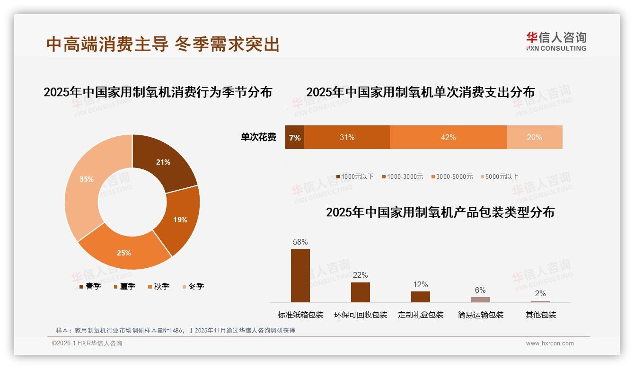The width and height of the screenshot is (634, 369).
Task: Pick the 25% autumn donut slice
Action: pyautogui.click(x=125, y=251)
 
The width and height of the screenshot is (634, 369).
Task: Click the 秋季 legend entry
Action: pyautogui.click(x=158, y=286)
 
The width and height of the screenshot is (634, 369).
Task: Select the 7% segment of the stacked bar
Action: pyautogui.click(x=294, y=137)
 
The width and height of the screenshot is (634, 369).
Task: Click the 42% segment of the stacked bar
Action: pyautogui.click(x=448, y=137)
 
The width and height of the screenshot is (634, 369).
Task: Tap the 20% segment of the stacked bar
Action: pyautogui.click(x=535, y=137)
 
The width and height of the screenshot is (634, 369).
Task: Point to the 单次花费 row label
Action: pyautogui.click(x=258, y=137)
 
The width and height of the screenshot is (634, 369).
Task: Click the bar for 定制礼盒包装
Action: pyautogui.click(x=421, y=297)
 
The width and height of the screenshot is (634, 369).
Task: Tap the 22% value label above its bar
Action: pyautogui.click(x=361, y=275)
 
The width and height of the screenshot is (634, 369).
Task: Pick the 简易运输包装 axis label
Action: pyautogui.click(x=481, y=315)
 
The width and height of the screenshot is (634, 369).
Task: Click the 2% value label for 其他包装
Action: pyautogui.click(x=540, y=293)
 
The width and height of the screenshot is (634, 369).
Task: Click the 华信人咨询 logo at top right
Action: pyautogui.click(x=556, y=41)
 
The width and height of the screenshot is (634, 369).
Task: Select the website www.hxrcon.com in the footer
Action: pyautogui.click(x=550, y=343)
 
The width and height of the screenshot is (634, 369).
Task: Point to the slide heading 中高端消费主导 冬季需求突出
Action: pyautogui.click(x=163, y=44)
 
